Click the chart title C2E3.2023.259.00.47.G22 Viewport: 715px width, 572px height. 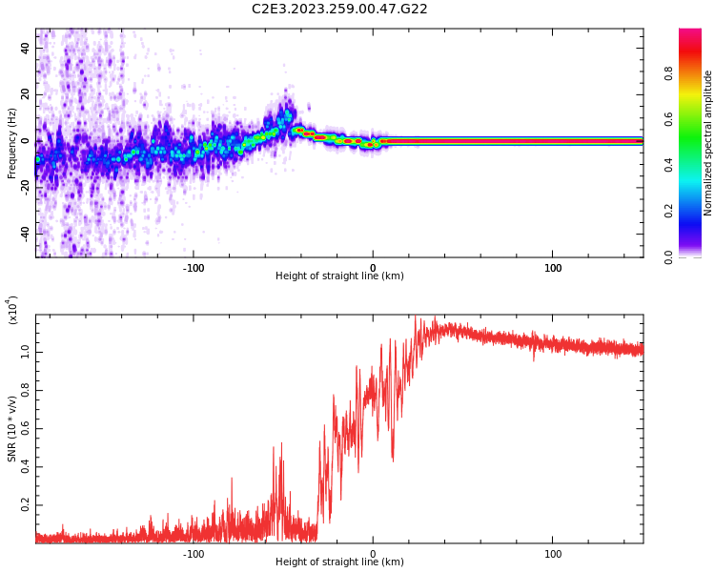(339, 9)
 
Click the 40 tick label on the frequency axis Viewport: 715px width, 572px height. (26, 49)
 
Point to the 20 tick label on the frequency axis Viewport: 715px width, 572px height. (26, 94)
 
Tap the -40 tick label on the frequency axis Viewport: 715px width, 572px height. (26, 233)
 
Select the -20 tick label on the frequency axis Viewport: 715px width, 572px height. (26, 187)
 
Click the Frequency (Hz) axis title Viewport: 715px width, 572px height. (12, 143)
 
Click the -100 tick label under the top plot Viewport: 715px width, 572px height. (194, 267)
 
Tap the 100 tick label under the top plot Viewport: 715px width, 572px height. (553, 267)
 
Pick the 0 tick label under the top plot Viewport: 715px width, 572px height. (373, 267)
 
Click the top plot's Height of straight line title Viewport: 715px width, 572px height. (339, 276)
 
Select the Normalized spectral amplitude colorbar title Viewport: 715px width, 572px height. (708, 143)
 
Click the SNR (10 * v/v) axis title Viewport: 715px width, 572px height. (12, 429)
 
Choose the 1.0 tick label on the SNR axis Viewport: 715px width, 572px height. (26, 352)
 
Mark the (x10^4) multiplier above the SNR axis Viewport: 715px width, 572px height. (12, 310)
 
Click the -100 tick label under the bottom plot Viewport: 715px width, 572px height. (194, 553)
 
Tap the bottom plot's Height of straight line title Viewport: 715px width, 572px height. (339, 562)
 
